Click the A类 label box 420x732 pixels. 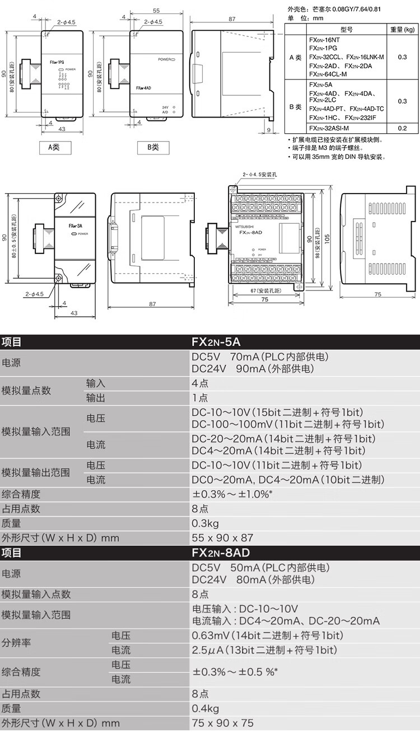pyautogui.click(x=53, y=147)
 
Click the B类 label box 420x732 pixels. pyautogui.click(x=153, y=147)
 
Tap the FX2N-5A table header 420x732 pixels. pyautogui.click(x=216, y=341)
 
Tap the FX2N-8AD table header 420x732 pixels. pyautogui.click(x=221, y=553)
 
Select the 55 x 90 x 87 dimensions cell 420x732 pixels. pyautogui.click(x=222, y=538)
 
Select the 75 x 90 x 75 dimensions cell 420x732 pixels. pyautogui.click(x=222, y=723)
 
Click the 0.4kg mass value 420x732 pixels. pyautogui.click(x=205, y=708)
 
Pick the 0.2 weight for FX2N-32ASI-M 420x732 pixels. pyautogui.click(x=402, y=128)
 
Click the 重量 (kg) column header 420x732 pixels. pyautogui.click(x=402, y=29)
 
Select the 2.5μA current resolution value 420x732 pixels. pyautogui.click(x=264, y=650)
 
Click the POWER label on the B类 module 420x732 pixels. pyautogui.click(x=166, y=59)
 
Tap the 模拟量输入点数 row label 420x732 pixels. pyautogui.click(x=36, y=594)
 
